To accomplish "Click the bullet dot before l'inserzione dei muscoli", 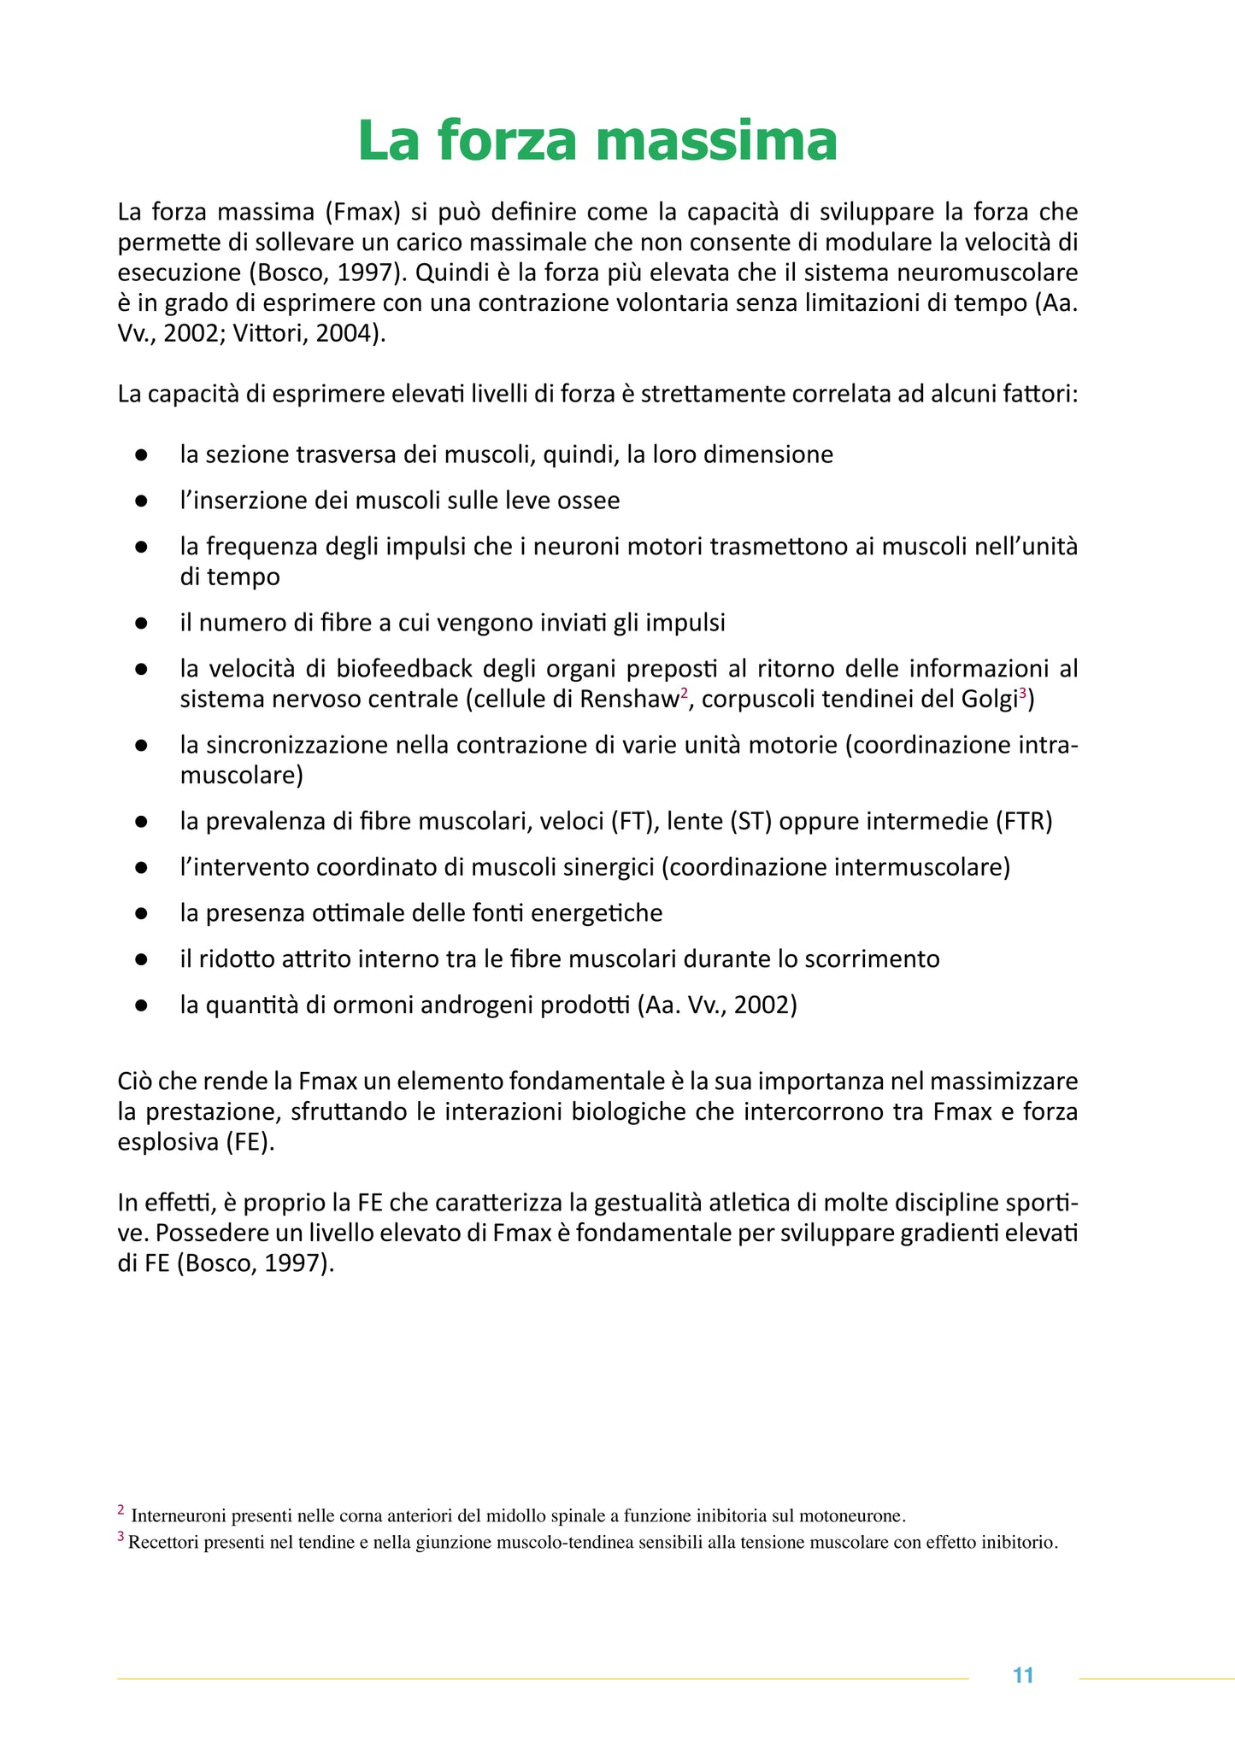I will (x=142, y=500).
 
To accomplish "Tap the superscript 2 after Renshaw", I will (x=684, y=692).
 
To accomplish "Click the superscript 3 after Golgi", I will (x=1022, y=692).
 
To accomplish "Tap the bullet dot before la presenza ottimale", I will (x=142, y=913).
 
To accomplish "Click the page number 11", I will (x=1023, y=1675).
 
